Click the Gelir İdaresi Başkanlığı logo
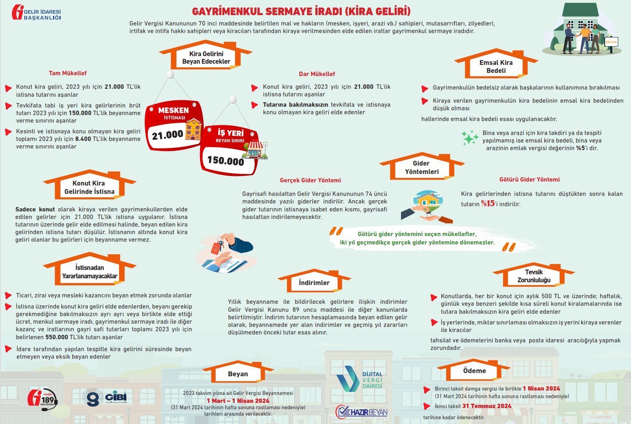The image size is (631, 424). tap(36, 13)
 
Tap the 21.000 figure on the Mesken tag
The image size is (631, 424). tap(167, 135)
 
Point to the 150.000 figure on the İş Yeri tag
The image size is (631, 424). tap(226, 160)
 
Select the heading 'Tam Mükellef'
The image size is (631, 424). tap(67, 73)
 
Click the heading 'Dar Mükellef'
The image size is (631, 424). tap(317, 74)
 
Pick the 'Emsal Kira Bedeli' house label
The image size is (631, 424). tap(496, 66)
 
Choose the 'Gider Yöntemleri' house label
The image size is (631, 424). tap(422, 168)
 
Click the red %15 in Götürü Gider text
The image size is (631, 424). tap(488, 203)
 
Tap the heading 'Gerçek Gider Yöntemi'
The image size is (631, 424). tap(310, 180)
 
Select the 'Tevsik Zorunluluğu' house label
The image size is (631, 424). tap(534, 276)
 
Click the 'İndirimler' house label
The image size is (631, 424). tap(314, 283)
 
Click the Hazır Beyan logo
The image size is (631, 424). tap(362, 412)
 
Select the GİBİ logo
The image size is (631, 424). tap(104, 398)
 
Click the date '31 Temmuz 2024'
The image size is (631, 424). tap(487, 406)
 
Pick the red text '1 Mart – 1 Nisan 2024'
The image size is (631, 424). tap(238, 401)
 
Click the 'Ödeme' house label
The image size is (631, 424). tap(474, 371)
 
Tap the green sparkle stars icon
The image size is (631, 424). tap(470, 138)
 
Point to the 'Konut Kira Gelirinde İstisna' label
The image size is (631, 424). tap(89, 188)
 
